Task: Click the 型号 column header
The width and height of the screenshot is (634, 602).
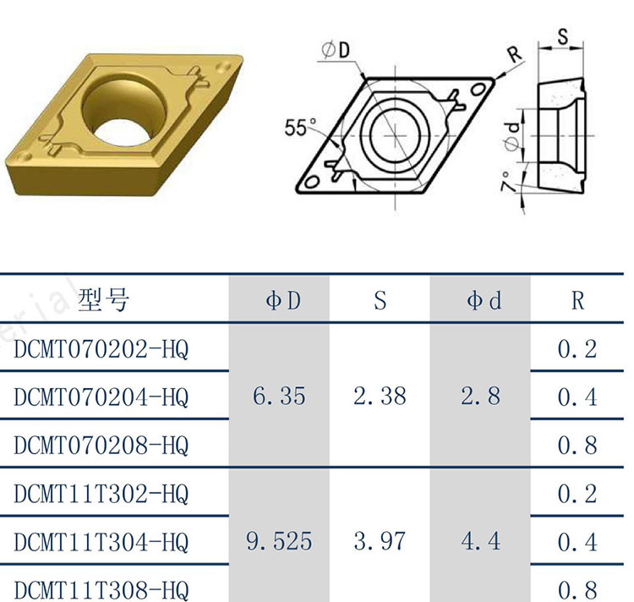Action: (103, 300)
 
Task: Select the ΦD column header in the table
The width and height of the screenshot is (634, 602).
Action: (283, 300)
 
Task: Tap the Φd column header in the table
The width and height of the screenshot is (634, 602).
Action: (484, 300)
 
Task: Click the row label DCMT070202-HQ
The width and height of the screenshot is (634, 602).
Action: (101, 349)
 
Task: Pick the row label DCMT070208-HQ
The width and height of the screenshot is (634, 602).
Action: (101, 445)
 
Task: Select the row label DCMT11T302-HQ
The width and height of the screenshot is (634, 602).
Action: (101, 494)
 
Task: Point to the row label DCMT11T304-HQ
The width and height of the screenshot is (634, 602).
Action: (101, 542)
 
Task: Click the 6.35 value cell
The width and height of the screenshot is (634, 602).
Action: (279, 396)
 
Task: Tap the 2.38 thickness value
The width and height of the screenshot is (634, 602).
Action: (380, 396)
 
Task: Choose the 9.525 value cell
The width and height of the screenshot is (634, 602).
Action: (279, 541)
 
